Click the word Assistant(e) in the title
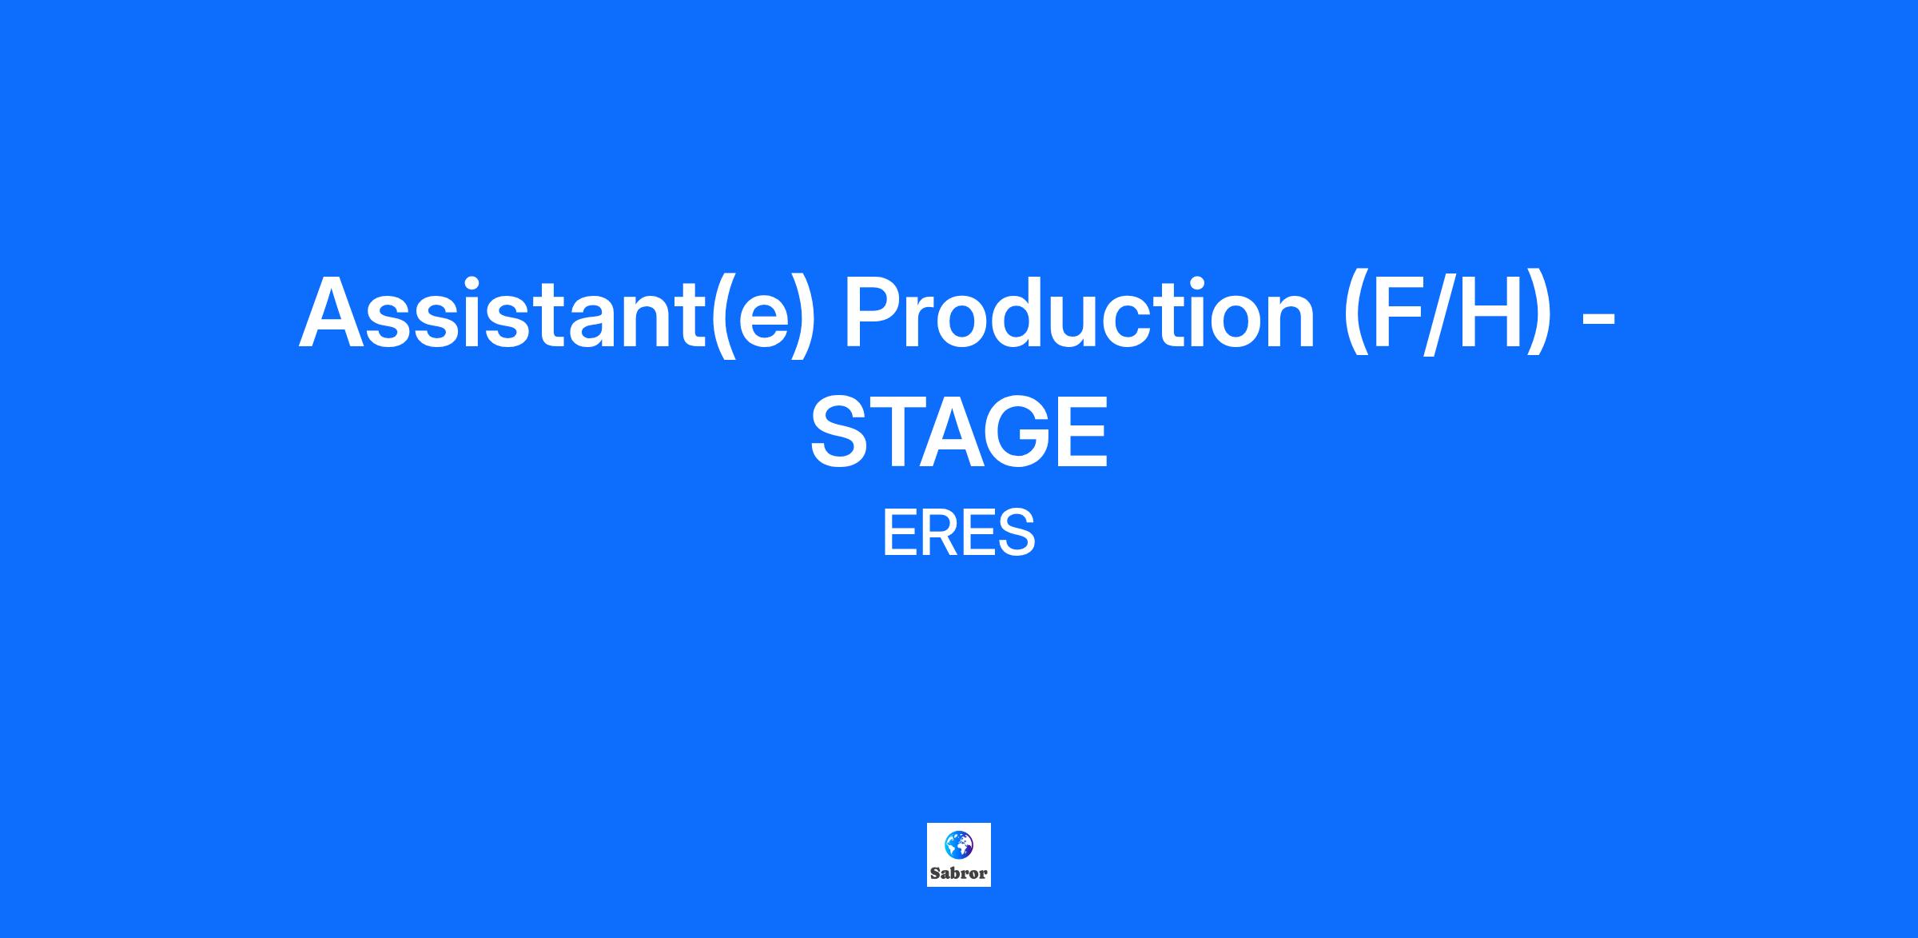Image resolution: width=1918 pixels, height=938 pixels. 558,313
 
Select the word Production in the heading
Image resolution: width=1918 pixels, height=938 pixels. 1079,313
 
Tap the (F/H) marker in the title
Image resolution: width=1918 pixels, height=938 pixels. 1448,313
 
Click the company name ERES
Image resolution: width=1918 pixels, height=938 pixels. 959,533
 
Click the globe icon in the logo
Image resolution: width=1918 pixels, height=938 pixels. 959,844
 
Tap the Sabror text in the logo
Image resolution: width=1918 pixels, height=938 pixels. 959,872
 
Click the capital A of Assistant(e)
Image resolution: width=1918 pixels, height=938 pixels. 337,313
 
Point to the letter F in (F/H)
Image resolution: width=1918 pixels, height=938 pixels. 1398,313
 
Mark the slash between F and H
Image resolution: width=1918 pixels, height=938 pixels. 1438,313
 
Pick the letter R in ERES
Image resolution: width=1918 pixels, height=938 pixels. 940,533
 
